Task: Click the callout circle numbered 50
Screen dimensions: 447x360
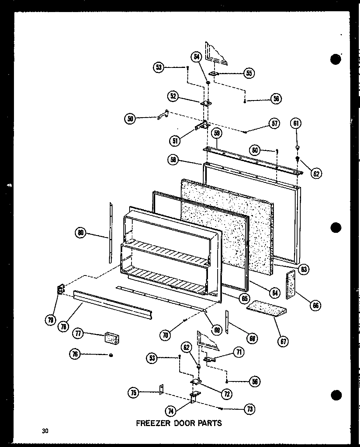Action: (130, 119)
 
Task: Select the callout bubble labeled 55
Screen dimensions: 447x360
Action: (249, 73)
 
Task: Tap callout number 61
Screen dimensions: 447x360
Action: (296, 124)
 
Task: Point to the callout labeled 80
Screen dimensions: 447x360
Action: (80, 233)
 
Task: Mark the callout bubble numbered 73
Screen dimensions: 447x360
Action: (250, 409)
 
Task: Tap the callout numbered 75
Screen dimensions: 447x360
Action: (133, 393)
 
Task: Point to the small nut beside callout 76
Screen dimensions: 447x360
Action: (111, 355)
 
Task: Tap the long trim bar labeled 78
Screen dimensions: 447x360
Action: (112, 302)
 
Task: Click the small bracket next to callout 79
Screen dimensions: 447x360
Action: (60, 289)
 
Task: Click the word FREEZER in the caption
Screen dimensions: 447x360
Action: (153, 423)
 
